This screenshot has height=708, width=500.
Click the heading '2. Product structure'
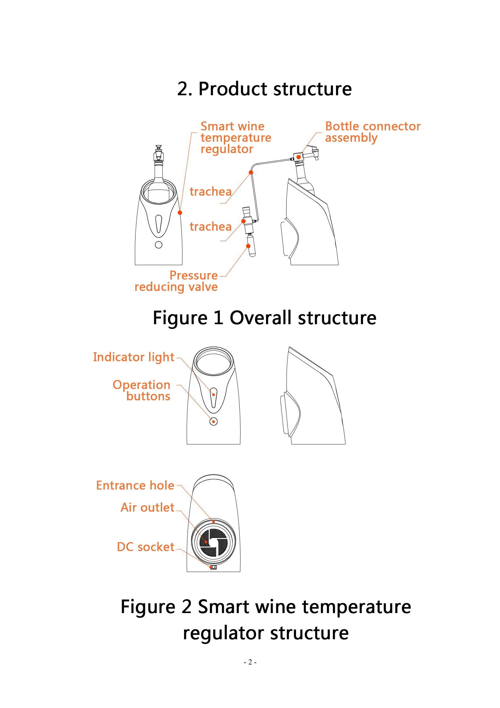264,89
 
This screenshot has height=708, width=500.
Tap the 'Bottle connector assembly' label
373,132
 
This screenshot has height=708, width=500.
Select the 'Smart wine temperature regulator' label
235,138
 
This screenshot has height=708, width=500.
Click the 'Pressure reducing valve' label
176,281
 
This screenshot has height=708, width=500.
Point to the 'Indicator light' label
133,357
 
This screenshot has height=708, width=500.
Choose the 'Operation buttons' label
142,390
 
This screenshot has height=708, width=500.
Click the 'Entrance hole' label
135,485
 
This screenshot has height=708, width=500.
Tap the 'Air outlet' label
147,507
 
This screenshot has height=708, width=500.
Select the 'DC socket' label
145,547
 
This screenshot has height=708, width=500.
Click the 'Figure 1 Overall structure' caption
264,318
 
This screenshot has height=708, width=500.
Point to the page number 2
250,662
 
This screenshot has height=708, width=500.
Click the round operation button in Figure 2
213,421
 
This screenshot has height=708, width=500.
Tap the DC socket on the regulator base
213,567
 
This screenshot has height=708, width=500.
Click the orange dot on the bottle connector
299,157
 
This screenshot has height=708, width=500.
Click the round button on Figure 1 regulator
159,245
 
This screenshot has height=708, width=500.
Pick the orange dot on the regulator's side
180,213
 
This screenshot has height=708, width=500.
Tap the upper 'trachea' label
210,191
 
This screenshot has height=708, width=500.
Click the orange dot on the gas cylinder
248,246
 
